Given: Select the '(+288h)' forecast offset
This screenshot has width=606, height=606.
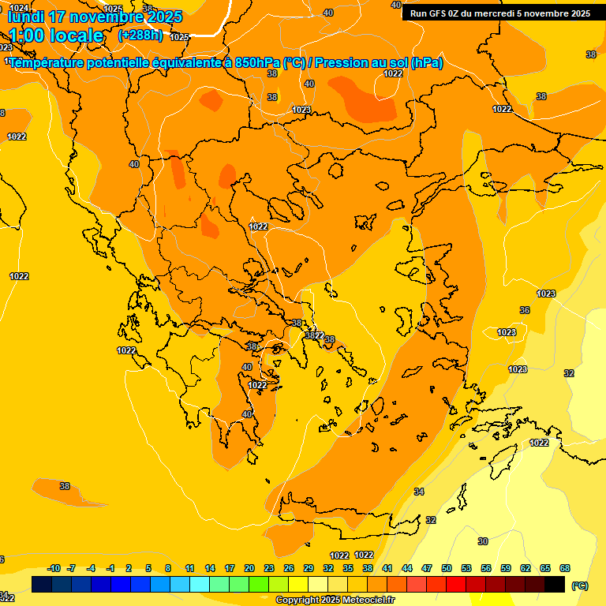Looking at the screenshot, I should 141,36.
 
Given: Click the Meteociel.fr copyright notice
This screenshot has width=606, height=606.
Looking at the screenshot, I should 335,600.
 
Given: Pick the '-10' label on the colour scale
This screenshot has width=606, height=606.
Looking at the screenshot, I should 54,568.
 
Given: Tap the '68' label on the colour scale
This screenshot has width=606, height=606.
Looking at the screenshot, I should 565,568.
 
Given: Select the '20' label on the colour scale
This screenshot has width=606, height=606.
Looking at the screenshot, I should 249,568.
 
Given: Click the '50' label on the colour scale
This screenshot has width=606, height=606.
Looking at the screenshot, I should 447,568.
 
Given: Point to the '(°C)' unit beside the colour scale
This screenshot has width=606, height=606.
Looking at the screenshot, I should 580,585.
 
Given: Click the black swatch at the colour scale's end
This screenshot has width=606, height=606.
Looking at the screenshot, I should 555,584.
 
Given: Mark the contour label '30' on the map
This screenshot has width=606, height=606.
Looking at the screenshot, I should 483,541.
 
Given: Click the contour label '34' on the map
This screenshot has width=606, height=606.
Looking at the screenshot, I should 419,492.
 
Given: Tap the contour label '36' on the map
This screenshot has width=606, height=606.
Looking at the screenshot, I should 525,311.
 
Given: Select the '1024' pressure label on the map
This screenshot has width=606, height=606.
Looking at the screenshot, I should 17,8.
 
